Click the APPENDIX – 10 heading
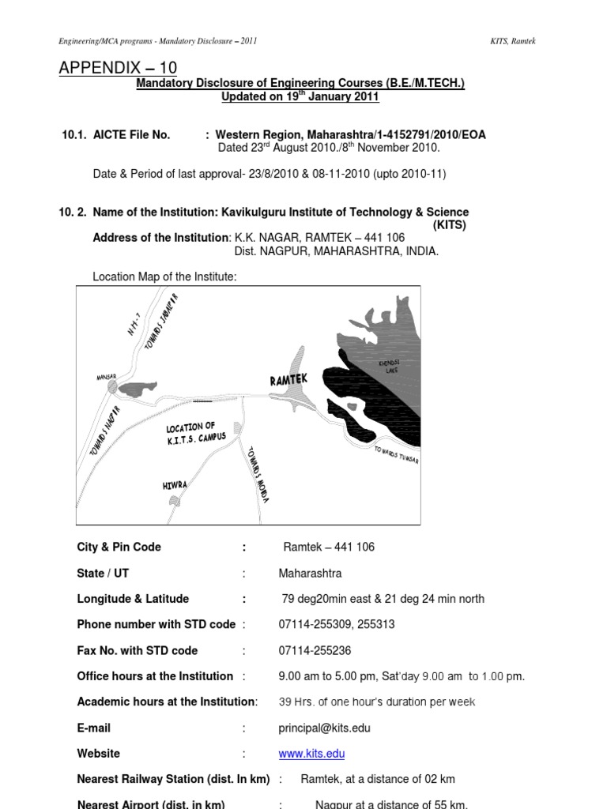[x=118, y=69]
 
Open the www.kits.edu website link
[x=311, y=754]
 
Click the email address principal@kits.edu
[x=324, y=728]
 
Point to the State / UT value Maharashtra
[x=310, y=573]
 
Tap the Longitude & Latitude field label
[x=133, y=599]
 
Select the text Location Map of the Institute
[x=164, y=277]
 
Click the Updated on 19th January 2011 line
[x=300, y=96]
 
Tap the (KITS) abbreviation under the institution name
[x=449, y=225]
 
